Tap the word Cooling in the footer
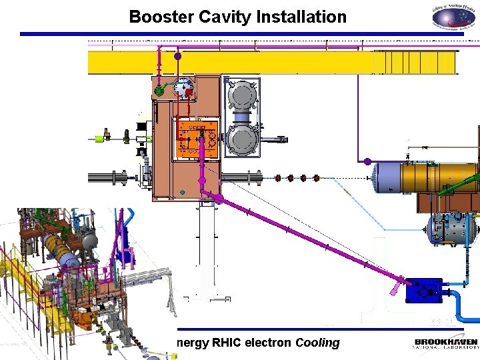point(317,343)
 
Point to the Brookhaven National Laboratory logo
point(446,344)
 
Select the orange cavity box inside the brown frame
point(195,139)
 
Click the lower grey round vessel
point(243,139)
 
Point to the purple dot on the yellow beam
point(178,56)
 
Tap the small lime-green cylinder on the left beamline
point(100,139)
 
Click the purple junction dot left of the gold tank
point(367,161)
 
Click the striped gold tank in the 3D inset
point(62,253)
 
